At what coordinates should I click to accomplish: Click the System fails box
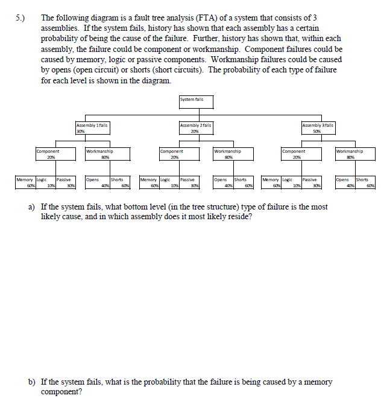[x=195, y=100]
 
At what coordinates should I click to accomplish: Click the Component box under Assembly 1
[x=54, y=154]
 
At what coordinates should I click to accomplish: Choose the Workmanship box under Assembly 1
[x=106, y=154]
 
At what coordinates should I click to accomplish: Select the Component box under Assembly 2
[x=177, y=154]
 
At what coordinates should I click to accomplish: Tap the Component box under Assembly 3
[x=300, y=154]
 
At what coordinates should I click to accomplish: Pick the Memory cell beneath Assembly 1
[x=25, y=182]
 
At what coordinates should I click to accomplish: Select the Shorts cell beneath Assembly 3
[x=365, y=182]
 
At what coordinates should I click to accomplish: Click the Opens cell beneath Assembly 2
[x=222, y=182]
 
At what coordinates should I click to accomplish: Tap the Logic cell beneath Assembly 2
[x=166, y=182]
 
